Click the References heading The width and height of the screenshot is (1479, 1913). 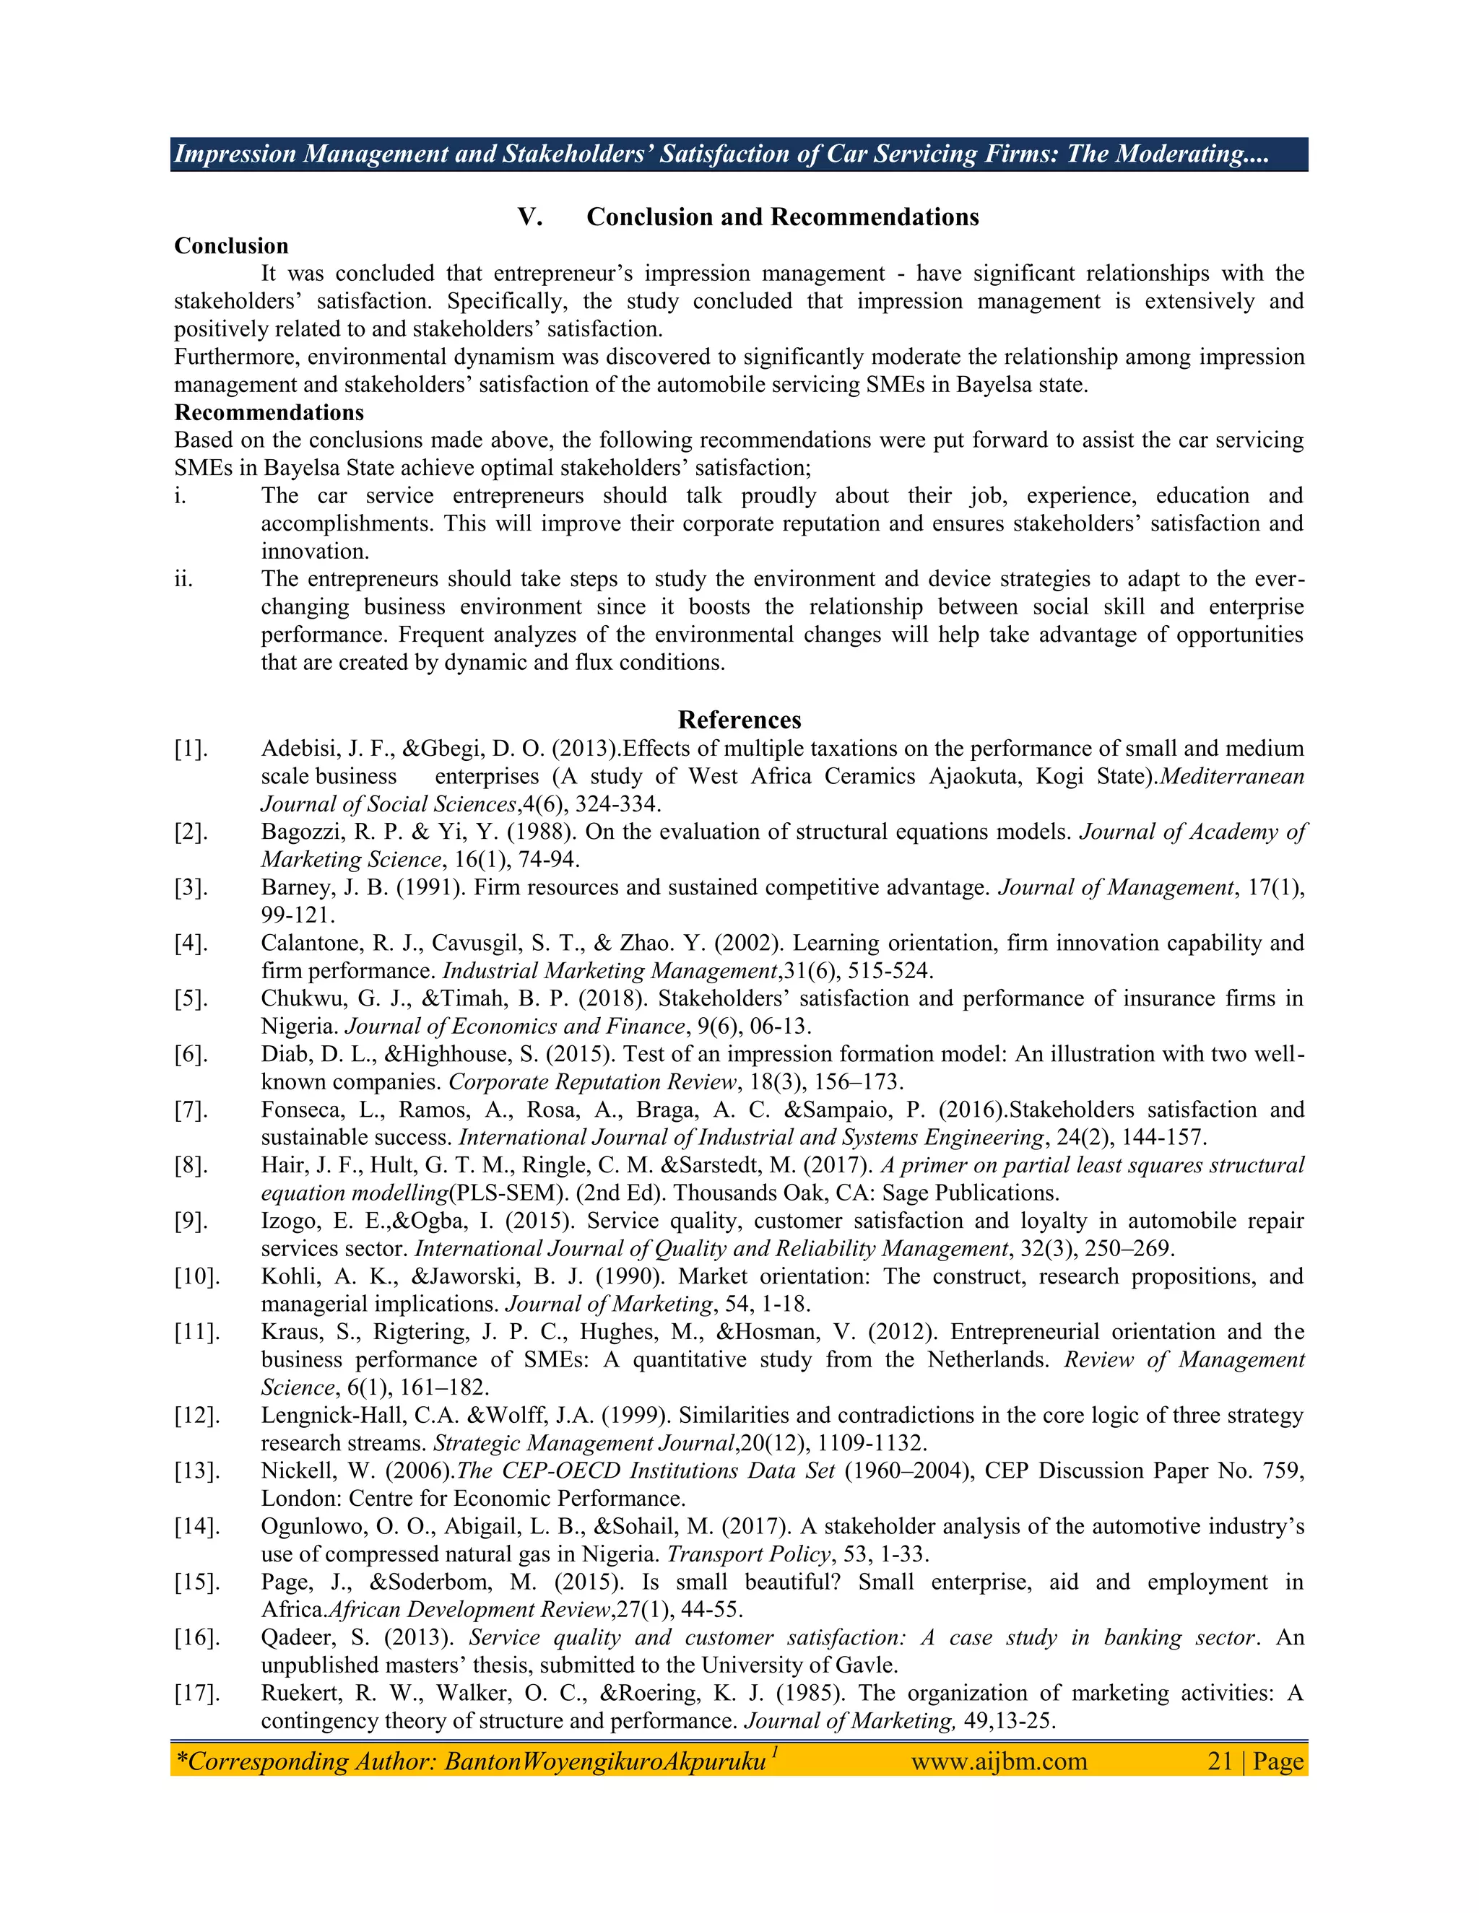[739, 720]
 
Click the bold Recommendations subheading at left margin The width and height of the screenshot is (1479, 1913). [269, 412]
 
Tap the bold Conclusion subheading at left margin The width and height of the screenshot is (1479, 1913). [231, 246]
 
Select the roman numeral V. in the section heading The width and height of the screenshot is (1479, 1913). [530, 217]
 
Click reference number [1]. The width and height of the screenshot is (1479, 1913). [191, 749]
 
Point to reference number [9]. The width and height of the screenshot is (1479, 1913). [191, 1221]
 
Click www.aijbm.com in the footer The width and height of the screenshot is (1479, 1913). [999, 1761]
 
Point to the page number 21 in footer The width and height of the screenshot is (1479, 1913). [1220, 1761]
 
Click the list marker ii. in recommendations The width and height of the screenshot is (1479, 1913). [183, 579]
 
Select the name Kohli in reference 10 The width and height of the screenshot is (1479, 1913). [287, 1276]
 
